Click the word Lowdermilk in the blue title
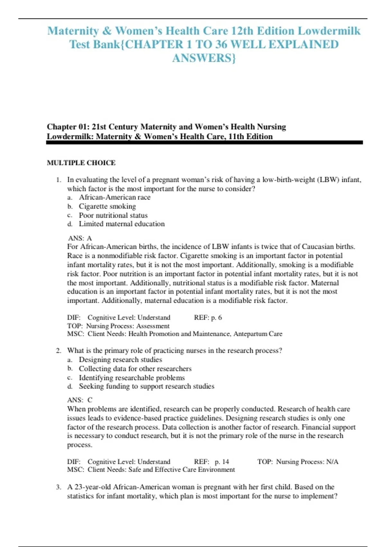329,31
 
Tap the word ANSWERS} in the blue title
204,58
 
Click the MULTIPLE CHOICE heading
81,163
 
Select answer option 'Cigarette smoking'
107,206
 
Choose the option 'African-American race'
115,197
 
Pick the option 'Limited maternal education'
122,224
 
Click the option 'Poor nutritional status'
113,215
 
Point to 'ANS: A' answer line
80,238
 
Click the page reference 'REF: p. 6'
208,318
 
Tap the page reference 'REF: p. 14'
211,462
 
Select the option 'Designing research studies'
120,359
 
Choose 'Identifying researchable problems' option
132,377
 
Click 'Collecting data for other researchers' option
135,368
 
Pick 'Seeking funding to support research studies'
146,386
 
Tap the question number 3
58,487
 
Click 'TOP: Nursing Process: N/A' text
298,462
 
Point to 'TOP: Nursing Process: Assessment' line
118,326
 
